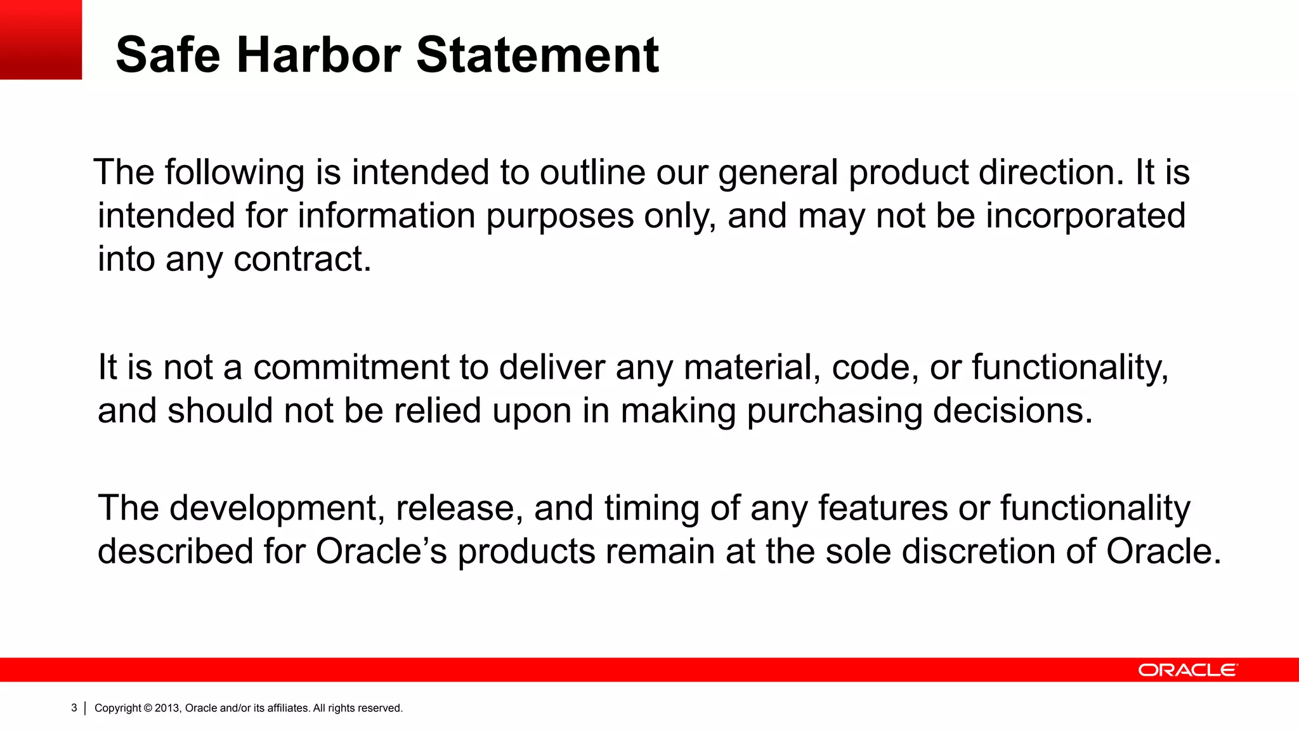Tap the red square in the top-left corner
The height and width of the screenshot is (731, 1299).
tap(41, 39)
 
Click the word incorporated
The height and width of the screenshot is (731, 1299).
tap(1085, 216)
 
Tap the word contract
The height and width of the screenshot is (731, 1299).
tap(302, 259)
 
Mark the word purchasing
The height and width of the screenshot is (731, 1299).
tap(834, 411)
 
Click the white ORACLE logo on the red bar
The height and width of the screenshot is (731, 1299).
tap(1187, 670)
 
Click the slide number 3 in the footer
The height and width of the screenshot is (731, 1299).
tap(74, 708)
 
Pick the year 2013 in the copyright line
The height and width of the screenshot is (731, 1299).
tap(167, 708)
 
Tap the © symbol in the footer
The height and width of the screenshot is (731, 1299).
tap(148, 708)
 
